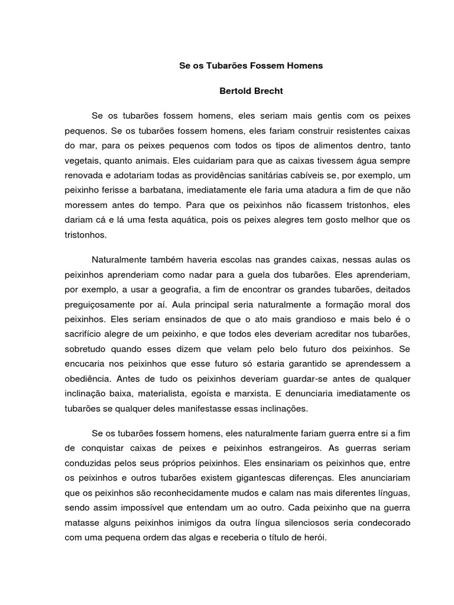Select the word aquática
click(x=209, y=220)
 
